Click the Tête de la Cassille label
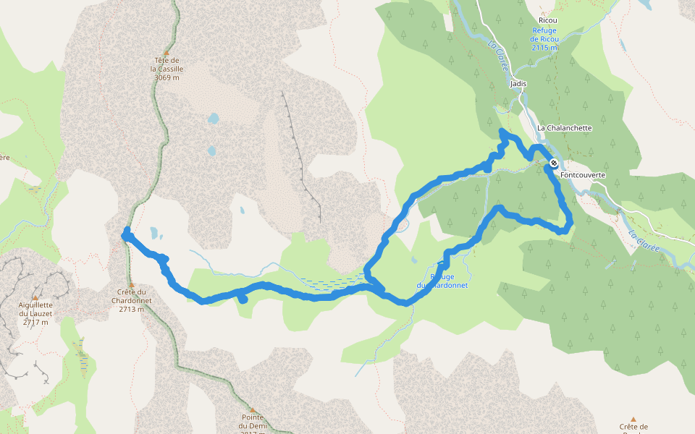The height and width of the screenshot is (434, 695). pos(167,64)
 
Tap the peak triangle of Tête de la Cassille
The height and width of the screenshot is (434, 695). pos(167,53)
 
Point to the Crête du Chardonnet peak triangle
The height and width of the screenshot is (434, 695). pos(131,284)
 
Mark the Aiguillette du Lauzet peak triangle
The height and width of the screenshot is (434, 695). pos(33,297)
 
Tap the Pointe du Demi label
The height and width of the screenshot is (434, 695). pos(253,421)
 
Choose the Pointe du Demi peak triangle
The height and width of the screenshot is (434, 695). pos(253,409)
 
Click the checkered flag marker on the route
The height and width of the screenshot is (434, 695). pos(554,163)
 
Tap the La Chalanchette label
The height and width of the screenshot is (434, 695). pos(565,128)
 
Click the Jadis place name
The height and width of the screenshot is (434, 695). pos(518,83)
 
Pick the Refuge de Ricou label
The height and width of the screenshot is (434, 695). pos(544,34)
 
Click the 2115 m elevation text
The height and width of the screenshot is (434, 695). pos(544,47)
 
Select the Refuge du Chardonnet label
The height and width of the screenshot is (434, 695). pos(442,281)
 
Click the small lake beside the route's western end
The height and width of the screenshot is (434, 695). pos(154,233)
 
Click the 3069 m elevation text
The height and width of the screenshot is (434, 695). pos(167,77)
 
